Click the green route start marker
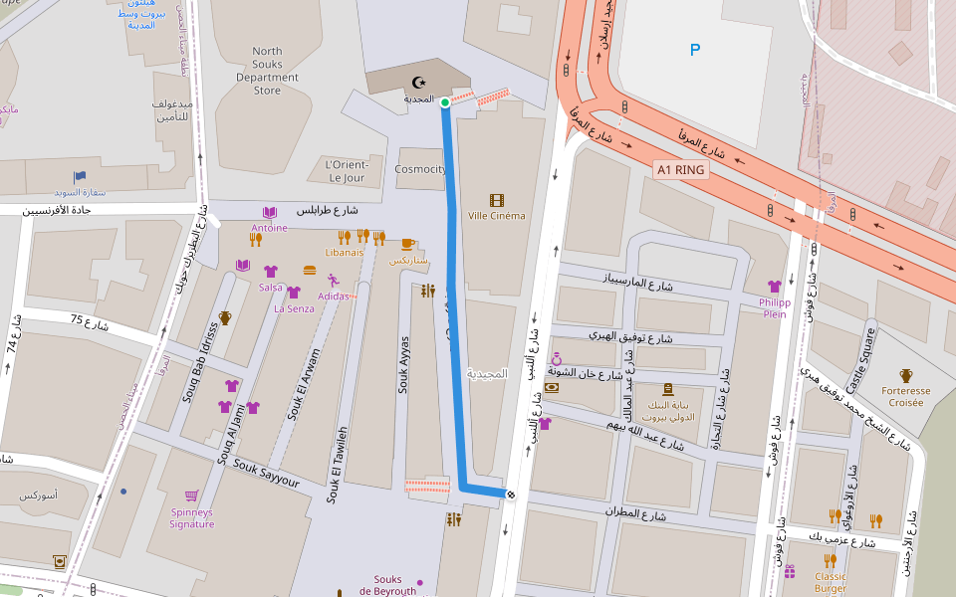445,101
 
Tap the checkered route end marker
511,494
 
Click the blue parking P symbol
695,50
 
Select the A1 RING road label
681,170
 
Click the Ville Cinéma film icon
496,200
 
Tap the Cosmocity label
420,169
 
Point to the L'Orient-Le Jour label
348,171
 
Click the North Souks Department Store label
267,71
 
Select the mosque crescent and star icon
417,83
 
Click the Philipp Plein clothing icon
774,287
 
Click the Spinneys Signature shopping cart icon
191,496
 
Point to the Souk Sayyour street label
266,473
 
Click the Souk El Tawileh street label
340,464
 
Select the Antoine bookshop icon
269,213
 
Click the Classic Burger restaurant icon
830,560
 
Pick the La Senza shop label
294,308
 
